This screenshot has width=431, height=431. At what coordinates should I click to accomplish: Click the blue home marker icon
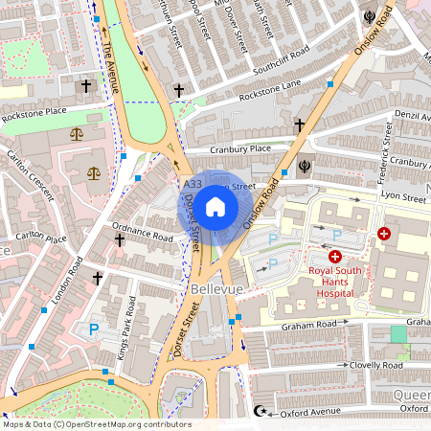tap(215, 206)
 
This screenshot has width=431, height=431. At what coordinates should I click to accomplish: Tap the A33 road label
tap(192, 184)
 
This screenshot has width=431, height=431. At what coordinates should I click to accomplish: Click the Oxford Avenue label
tap(311, 413)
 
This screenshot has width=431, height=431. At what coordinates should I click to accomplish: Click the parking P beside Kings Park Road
tap(93, 329)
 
